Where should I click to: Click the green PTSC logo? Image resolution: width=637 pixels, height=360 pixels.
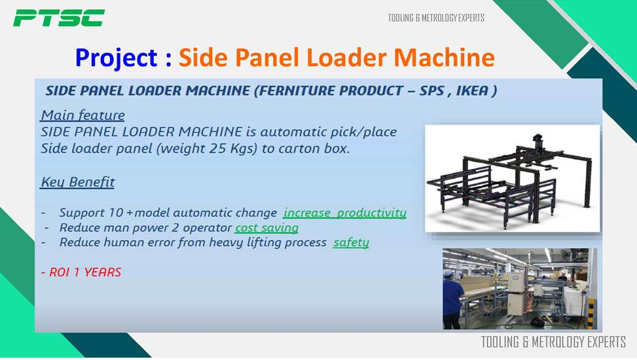coord(59,18)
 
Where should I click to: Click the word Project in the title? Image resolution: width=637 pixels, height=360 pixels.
coord(116,58)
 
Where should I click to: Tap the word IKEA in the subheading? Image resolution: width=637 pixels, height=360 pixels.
coord(472,90)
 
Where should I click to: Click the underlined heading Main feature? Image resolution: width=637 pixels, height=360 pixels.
coord(82,115)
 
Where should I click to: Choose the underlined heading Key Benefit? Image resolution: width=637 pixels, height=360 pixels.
coord(78,182)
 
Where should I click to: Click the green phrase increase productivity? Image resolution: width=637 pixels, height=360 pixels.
coord(345,213)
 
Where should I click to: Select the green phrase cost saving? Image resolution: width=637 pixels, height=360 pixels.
coord(266,228)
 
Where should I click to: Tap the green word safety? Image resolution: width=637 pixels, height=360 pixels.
coord(351,243)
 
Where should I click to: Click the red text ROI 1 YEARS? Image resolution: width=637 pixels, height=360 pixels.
coord(81,272)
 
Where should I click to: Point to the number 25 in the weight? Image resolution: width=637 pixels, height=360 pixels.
coord(218,149)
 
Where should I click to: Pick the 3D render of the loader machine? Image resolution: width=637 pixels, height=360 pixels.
coord(512,179)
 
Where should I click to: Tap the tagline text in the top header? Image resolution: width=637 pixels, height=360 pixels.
coord(436,18)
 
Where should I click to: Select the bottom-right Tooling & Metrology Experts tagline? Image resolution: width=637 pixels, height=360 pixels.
coord(553,342)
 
